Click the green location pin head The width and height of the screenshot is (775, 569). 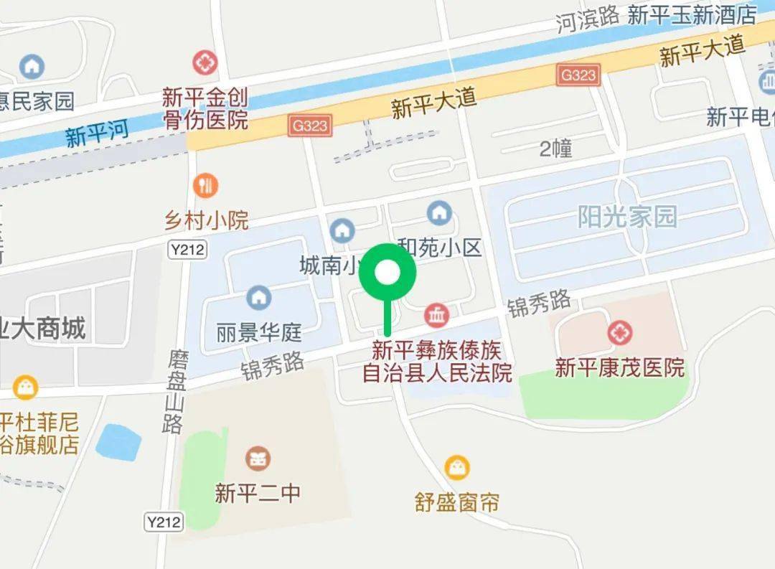pyautogui.click(x=388, y=273)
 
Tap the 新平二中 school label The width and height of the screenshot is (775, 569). pyautogui.click(x=258, y=493)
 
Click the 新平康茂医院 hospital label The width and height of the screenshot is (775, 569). pyautogui.click(x=620, y=368)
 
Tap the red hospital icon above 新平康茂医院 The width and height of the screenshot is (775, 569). pyautogui.click(x=619, y=333)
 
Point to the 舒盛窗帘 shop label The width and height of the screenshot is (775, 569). pyautogui.click(x=457, y=501)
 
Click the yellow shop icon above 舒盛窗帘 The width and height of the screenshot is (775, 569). pyautogui.click(x=457, y=468)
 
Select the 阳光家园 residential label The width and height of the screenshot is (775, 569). pyautogui.click(x=628, y=216)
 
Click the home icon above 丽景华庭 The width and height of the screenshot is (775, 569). pyautogui.click(x=258, y=296)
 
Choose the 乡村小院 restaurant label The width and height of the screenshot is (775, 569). pyautogui.click(x=207, y=220)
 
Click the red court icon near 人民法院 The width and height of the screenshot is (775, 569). pyautogui.click(x=437, y=314)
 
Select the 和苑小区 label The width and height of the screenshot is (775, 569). pyautogui.click(x=439, y=248)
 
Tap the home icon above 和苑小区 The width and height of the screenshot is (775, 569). pyautogui.click(x=438, y=213)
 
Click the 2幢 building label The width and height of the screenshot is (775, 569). pyautogui.click(x=556, y=149)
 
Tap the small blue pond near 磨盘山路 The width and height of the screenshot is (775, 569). pyautogui.click(x=119, y=441)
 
